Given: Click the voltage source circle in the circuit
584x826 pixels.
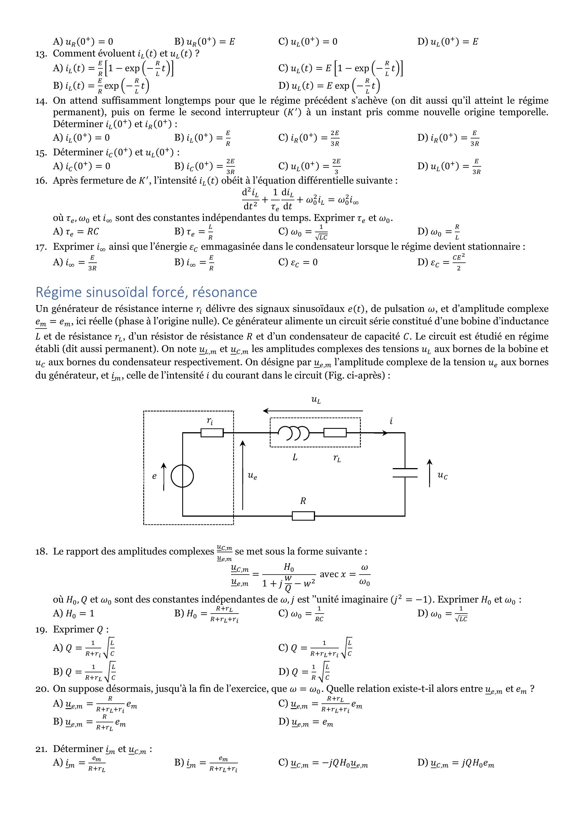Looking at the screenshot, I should pyautogui.click(x=182, y=476).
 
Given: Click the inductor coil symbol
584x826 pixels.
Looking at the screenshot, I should pyautogui.click(x=294, y=433).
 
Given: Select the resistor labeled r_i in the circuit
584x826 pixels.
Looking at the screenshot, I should pyautogui.click(x=212, y=433).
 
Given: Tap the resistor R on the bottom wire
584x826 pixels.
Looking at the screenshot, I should pyautogui.click(x=303, y=516).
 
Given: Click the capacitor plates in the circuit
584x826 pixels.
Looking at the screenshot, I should pyautogui.click(x=405, y=473).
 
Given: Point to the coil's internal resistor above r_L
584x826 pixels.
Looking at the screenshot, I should pyautogui.click(x=335, y=433).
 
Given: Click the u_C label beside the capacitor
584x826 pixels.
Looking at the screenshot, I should pyautogui.click(x=442, y=476).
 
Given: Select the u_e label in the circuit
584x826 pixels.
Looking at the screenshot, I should pyautogui.click(x=252, y=476).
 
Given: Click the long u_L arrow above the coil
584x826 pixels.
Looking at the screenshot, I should pyautogui.click(x=313, y=410).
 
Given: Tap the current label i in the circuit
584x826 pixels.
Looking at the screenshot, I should pyautogui.click(x=391, y=421).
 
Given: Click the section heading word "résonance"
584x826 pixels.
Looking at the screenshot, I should pyautogui.click(x=225, y=292).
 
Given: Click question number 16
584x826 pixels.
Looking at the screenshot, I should pyautogui.click(x=41, y=181).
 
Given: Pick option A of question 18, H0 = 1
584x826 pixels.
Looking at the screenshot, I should pyautogui.click(x=73, y=613).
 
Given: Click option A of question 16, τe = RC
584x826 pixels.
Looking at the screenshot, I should pyautogui.click(x=75, y=231).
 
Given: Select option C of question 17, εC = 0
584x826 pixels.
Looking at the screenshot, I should pyautogui.click(x=298, y=262).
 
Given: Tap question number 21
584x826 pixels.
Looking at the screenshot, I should pyautogui.click(x=41, y=749).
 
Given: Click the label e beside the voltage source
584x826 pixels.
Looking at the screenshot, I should pyautogui.click(x=154, y=476).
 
